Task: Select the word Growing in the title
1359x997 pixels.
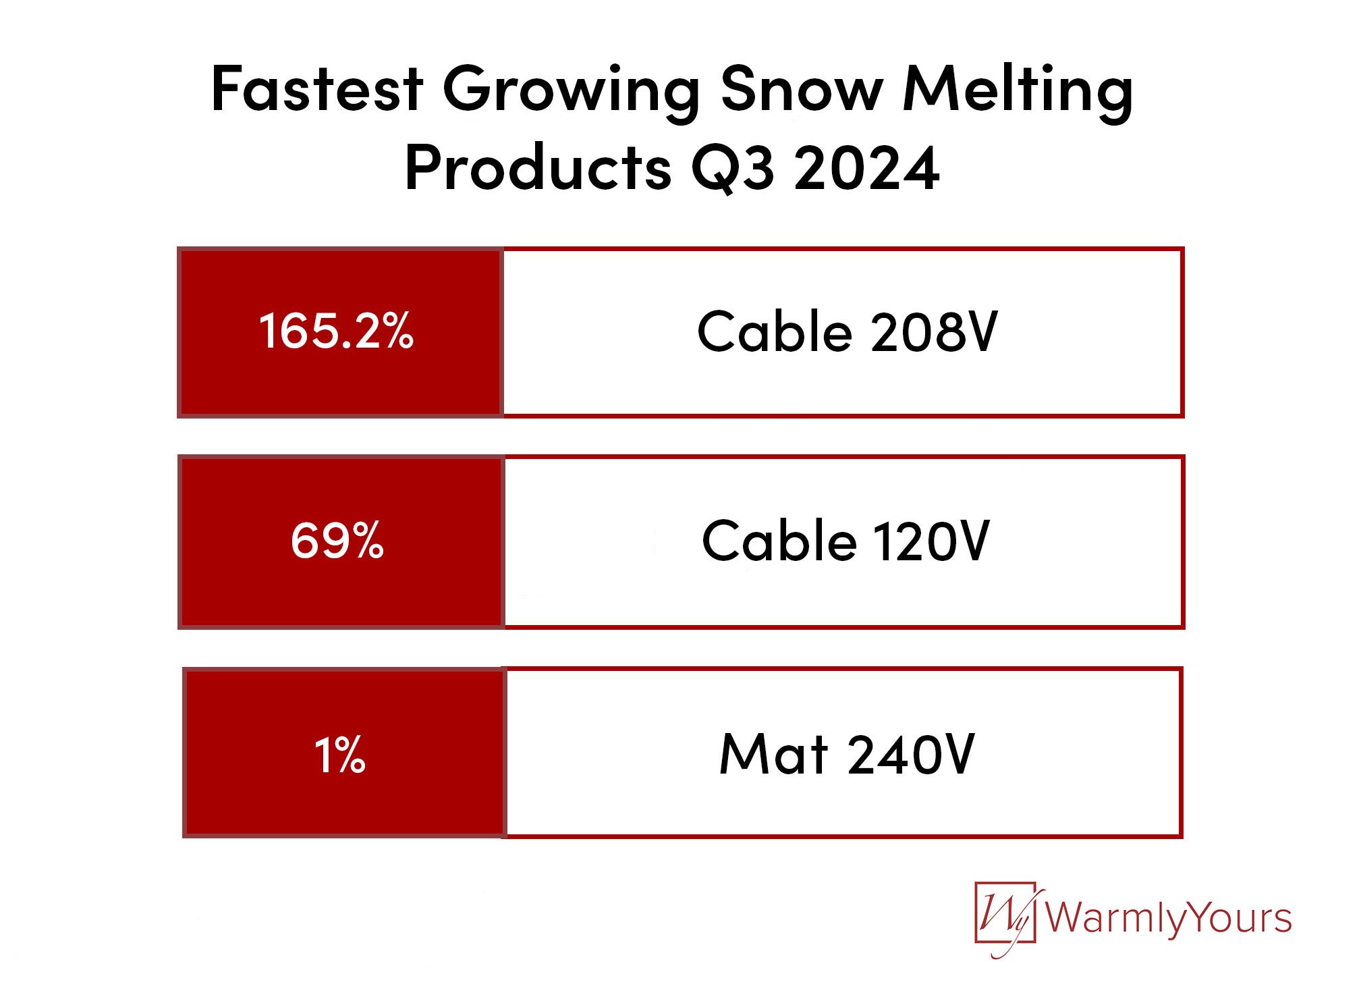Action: pyautogui.click(x=572, y=93)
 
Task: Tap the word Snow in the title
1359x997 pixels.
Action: pyautogui.click(x=802, y=88)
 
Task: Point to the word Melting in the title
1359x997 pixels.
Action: pyautogui.click(x=1018, y=93)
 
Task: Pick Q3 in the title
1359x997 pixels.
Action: pyautogui.click(x=733, y=169)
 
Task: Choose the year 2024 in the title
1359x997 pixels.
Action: pyautogui.click(x=867, y=167)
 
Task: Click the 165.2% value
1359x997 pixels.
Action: pyautogui.click(x=336, y=331)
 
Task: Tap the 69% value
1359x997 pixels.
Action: pyautogui.click(x=337, y=540)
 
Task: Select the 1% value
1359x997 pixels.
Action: pyautogui.click(x=340, y=754)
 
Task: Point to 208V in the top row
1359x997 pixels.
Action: pyautogui.click(x=935, y=331)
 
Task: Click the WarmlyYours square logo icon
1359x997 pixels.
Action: pyautogui.click(x=1005, y=917)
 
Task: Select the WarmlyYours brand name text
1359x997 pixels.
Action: pyautogui.click(x=1169, y=918)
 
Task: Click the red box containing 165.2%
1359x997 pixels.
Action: pyautogui.click(x=341, y=332)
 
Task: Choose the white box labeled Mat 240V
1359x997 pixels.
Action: pyautogui.click(x=843, y=753)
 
